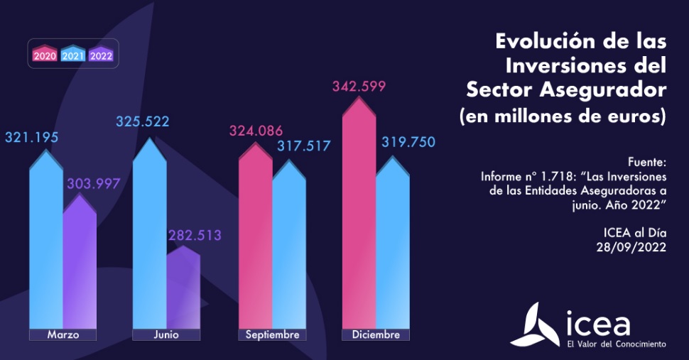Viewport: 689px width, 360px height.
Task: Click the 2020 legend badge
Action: coord(45,55)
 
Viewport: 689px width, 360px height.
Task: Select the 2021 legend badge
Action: coord(74,55)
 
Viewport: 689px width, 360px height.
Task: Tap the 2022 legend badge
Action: coord(102,55)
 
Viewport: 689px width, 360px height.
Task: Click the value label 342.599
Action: coord(359,87)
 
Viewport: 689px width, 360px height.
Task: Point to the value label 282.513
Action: coord(195,235)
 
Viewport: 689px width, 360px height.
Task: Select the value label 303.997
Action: coord(93,184)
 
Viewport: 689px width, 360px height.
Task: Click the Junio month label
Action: coord(166,334)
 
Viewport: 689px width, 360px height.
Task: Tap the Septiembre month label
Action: coord(272,334)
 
